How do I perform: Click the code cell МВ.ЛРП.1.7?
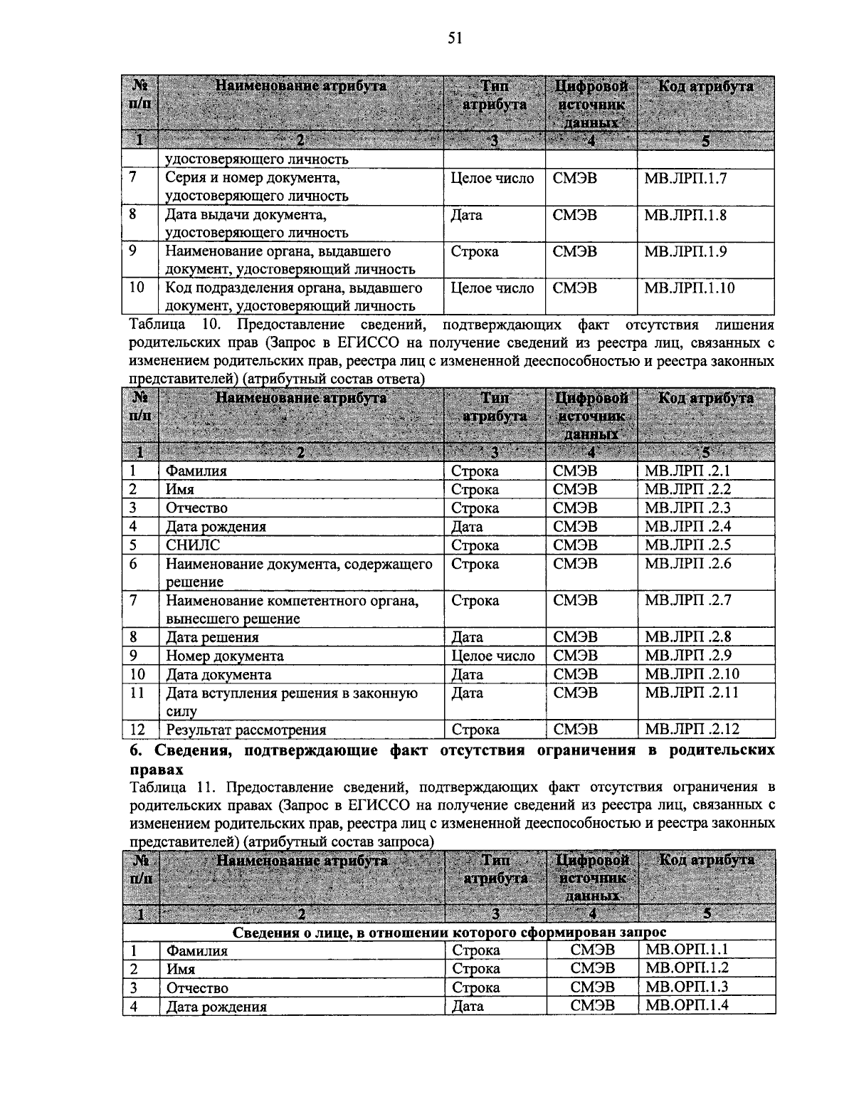click(x=685, y=178)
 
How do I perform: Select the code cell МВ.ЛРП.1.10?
click(x=689, y=288)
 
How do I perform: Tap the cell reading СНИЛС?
click(x=193, y=545)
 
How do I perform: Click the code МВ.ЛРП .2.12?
click(x=692, y=729)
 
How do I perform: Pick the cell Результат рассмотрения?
click(x=246, y=730)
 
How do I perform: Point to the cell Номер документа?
click(x=225, y=656)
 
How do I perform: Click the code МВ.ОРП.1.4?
click(x=686, y=1006)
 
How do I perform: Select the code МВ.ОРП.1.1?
click(x=686, y=950)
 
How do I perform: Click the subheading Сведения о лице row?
click(x=449, y=932)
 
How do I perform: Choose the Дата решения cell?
click(x=212, y=637)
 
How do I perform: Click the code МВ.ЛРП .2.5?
click(x=687, y=545)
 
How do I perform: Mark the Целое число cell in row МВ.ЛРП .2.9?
click(x=492, y=656)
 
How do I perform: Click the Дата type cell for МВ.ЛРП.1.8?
click(x=466, y=215)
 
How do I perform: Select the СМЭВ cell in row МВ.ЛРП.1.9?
click(x=575, y=252)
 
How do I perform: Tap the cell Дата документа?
click(x=218, y=674)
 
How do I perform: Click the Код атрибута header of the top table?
click(x=705, y=87)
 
